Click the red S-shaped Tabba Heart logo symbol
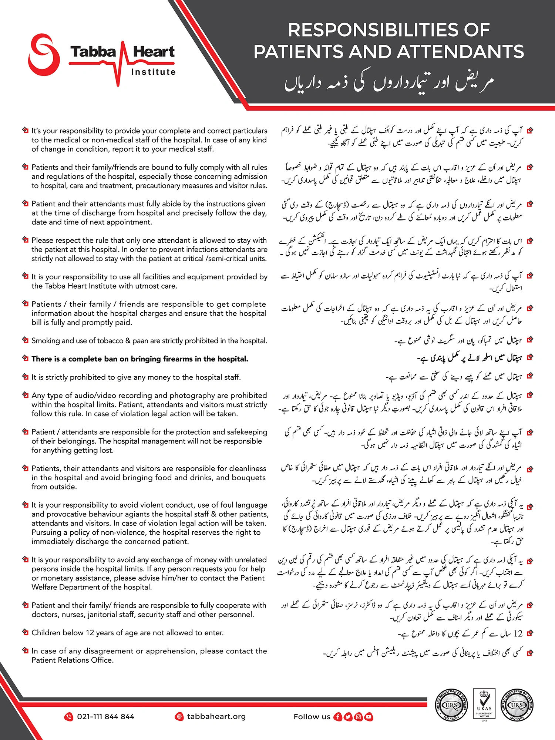(44, 55)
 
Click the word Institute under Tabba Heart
(153, 72)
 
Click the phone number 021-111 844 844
(105, 717)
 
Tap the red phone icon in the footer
(69, 717)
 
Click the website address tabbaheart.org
(216, 716)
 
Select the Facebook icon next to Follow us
(337, 717)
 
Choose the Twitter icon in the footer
(348, 717)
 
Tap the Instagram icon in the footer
(358, 717)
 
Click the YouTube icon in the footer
(369, 717)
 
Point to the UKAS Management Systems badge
(484, 703)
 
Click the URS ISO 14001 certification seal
(451, 705)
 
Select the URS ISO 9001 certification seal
(517, 705)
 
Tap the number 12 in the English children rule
(90, 633)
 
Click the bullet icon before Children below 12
(25, 632)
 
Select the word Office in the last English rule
(102, 660)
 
